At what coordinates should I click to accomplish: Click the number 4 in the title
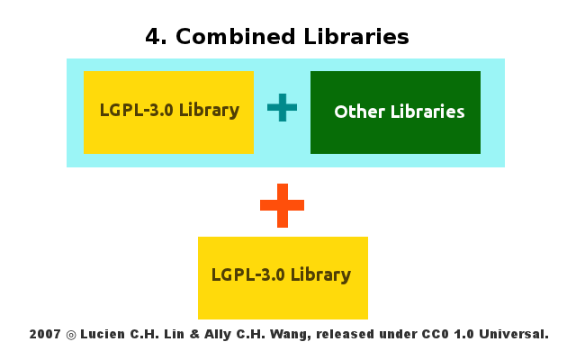(153, 37)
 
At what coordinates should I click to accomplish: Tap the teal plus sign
(282, 108)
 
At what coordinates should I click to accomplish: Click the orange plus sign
(282, 205)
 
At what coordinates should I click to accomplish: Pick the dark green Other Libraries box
(395, 135)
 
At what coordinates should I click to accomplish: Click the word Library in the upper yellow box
(209, 112)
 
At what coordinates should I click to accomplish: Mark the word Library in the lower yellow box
(320, 275)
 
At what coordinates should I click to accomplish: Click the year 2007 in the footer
(44, 334)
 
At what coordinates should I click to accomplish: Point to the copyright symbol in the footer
(70, 335)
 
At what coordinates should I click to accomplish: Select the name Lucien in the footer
(104, 334)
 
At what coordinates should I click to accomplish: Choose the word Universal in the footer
(515, 334)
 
